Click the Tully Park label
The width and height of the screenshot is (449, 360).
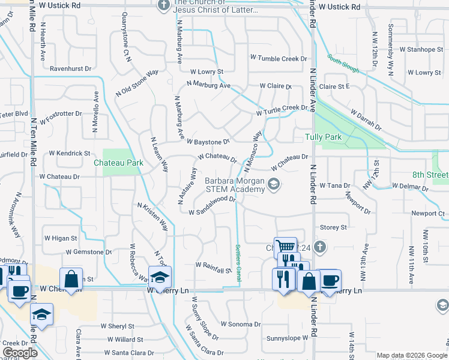tap(324, 137)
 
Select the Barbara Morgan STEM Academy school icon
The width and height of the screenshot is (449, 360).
tap(274, 184)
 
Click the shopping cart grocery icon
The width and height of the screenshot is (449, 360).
tap(285, 246)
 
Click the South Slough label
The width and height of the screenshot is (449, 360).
tap(343, 64)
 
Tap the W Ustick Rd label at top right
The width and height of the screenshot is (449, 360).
tap(339, 7)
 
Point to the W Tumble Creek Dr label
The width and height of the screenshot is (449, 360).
tap(279, 59)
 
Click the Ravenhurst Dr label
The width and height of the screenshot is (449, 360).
tap(70, 68)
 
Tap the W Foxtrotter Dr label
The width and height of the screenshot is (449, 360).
tap(62, 113)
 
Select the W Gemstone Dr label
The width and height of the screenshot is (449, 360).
tap(84, 252)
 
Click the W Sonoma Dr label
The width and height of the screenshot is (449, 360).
tap(240, 323)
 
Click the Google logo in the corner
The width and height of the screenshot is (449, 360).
tap(20, 352)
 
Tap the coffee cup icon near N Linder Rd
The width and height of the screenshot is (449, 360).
tap(330, 280)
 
